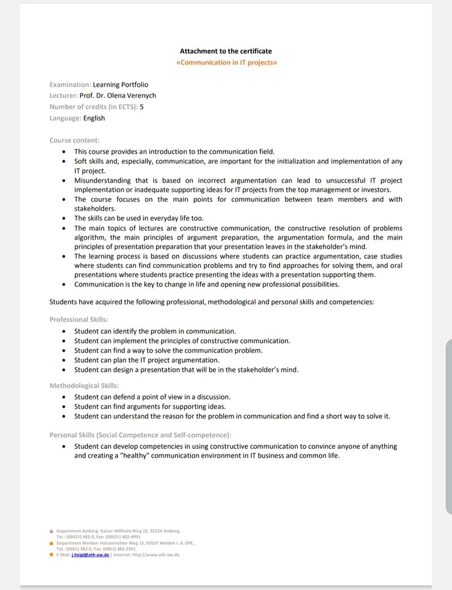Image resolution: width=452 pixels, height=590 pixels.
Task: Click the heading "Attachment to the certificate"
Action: tap(225, 51)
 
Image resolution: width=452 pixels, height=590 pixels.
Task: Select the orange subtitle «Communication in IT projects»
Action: tap(227, 62)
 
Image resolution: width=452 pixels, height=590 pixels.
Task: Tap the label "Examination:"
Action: tap(70, 85)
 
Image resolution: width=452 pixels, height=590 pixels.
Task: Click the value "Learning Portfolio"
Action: tap(120, 85)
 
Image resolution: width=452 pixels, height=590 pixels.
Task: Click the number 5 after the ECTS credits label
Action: tap(142, 107)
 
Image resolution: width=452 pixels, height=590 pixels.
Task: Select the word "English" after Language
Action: tap(94, 118)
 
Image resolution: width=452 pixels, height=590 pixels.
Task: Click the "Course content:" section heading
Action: tap(75, 140)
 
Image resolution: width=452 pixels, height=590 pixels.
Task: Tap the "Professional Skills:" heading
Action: tap(79, 320)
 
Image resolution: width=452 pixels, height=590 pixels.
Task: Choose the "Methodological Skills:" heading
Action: tap(84, 386)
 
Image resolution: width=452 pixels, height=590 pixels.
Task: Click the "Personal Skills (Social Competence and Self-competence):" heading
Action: tap(141, 435)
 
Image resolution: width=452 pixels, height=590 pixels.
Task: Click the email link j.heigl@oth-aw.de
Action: tap(90, 555)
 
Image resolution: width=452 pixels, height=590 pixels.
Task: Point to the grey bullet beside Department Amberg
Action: tap(51, 531)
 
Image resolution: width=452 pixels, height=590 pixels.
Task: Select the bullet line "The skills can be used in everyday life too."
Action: tap(139, 218)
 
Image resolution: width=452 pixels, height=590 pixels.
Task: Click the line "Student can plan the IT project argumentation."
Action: tap(147, 360)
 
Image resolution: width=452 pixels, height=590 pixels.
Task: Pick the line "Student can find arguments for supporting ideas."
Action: tap(150, 407)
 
